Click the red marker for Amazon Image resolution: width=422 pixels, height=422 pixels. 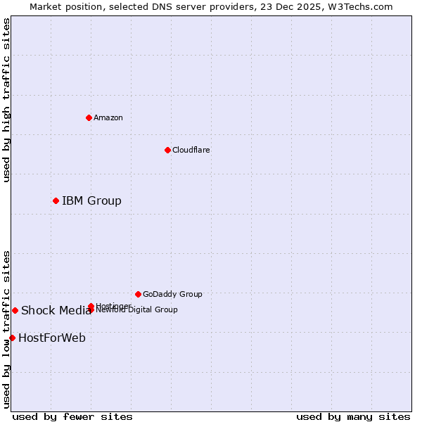(89, 117)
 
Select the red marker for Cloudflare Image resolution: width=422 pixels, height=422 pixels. (167, 150)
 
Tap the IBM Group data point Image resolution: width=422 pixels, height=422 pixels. (56, 201)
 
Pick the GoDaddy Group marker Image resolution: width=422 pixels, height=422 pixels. (138, 294)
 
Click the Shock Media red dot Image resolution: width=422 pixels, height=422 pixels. (15, 310)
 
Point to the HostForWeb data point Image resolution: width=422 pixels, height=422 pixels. (12, 338)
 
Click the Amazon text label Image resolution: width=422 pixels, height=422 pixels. (108, 117)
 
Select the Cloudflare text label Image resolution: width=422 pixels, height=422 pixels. (191, 150)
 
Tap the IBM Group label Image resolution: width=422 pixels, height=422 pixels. (91, 201)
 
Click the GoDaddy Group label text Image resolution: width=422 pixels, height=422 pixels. (172, 294)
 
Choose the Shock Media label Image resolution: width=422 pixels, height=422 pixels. (56, 311)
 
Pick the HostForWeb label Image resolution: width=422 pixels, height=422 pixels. (52, 338)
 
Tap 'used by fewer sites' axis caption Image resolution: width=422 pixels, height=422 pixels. (72, 416)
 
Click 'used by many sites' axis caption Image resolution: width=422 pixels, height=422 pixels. (353, 416)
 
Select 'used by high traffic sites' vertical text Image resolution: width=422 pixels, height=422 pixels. (6, 100)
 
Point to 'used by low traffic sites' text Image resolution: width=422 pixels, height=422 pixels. (6, 328)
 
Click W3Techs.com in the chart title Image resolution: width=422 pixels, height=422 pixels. (362, 7)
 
